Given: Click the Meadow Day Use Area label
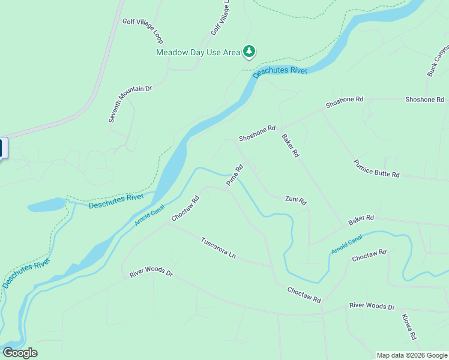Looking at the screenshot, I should point(197,52).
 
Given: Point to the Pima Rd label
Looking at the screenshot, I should point(234,175).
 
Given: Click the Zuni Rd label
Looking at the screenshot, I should point(296,200).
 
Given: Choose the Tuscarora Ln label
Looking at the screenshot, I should point(218,247).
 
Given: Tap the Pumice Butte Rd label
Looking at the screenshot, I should point(376,169).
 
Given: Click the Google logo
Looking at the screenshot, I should point(20,353).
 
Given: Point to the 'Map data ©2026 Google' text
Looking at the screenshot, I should point(412,355).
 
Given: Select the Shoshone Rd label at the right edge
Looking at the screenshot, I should point(424,100).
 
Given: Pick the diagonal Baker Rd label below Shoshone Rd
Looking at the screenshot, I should point(290,145).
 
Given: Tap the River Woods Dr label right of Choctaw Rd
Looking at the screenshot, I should point(372,307).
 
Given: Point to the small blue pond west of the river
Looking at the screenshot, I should point(46,205).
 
